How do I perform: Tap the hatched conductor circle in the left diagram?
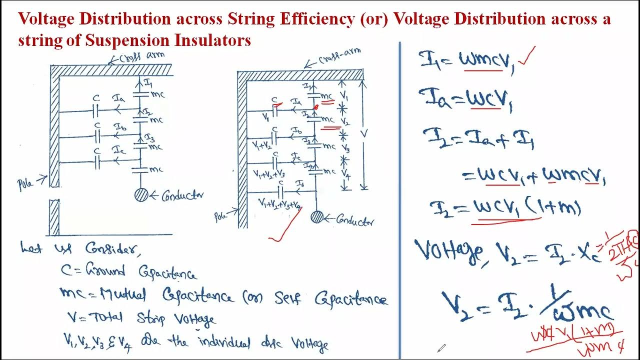141,194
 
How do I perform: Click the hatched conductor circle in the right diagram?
316,216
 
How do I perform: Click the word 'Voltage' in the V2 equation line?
448,251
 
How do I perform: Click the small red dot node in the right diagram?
315,107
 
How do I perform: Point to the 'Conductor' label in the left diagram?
182,195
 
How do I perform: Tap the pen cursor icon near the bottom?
441,347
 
